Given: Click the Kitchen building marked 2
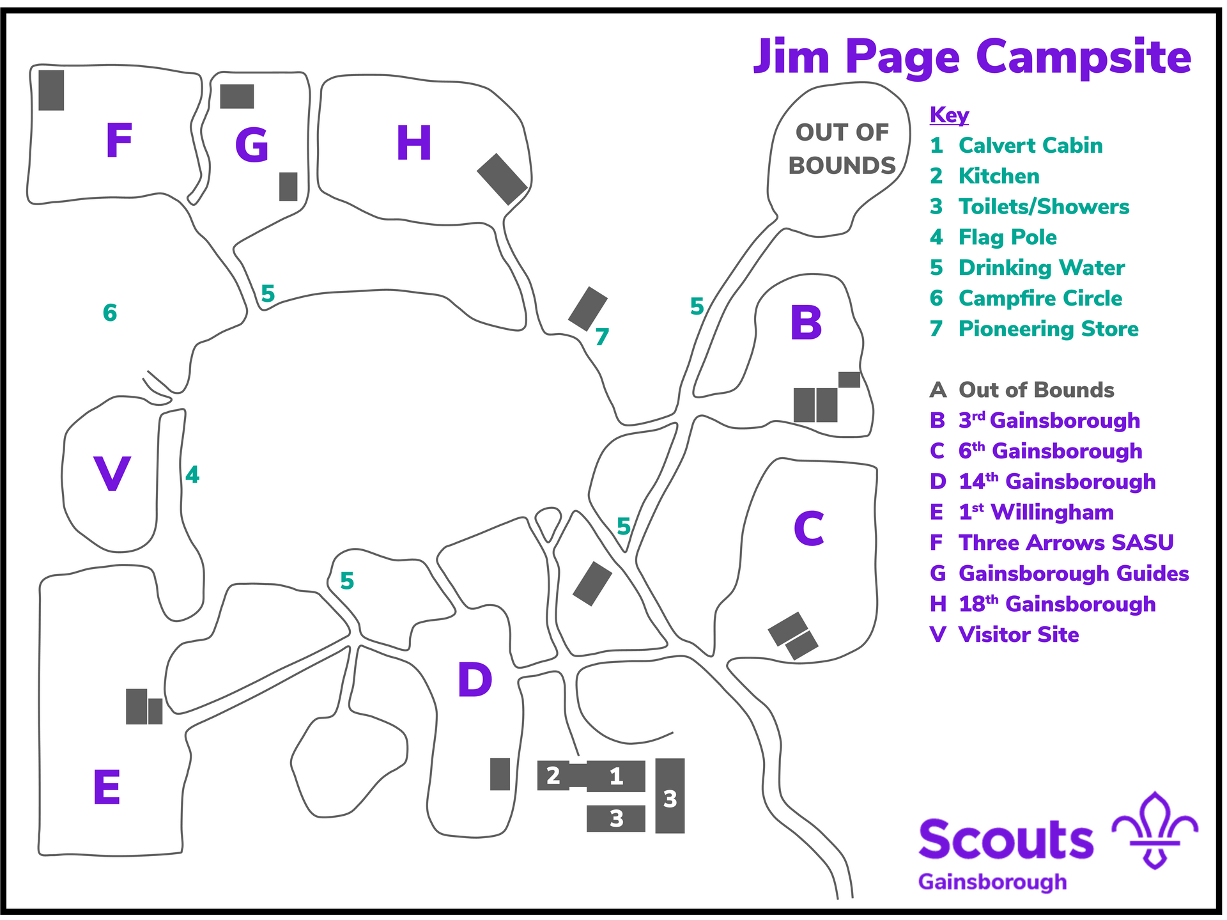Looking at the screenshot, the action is click(553, 776).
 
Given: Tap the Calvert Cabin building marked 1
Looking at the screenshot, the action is click(616, 776).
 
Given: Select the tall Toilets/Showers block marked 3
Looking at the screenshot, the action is click(670, 796).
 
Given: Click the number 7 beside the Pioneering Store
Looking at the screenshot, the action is click(602, 336).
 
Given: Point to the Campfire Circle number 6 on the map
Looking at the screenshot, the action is click(110, 313).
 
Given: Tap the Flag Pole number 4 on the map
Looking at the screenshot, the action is click(192, 474).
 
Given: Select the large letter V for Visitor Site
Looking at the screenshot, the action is click(112, 474).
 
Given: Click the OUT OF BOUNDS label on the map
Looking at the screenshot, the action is click(842, 149).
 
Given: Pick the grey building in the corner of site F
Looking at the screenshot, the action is click(51, 90).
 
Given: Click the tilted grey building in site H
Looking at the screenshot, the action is click(502, 179).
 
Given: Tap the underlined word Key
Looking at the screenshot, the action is click(949, 115).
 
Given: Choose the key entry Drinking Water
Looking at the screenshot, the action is click(1042, 268).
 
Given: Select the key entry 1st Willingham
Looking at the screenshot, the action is click(1036, 512).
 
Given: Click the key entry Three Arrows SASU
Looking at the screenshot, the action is click(1066, 543).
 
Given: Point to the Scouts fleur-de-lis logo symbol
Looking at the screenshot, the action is click(1155, 830).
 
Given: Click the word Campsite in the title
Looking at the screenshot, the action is click(1083, 58).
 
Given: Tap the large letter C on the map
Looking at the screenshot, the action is click(809, 528).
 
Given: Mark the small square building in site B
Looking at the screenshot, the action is click(849, 380).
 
